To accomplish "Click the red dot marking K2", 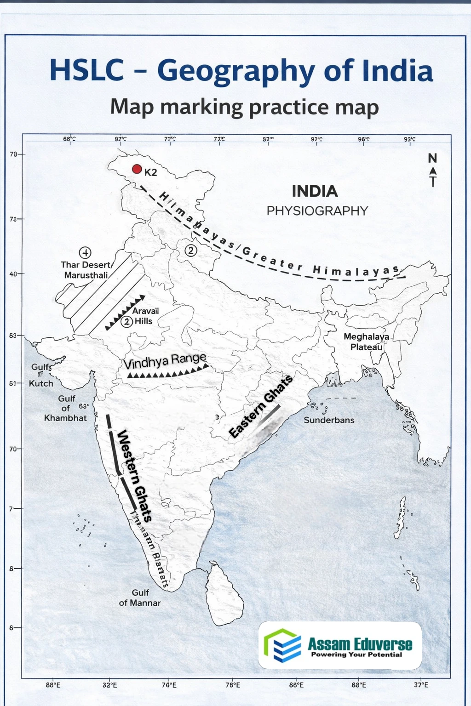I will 137,169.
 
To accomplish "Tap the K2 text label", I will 151,173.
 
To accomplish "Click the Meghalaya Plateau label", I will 367,342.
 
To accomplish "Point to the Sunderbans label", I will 329,420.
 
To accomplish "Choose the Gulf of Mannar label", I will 140,598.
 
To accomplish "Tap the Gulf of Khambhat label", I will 65,408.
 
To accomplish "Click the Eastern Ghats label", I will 261,406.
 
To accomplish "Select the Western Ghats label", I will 134,476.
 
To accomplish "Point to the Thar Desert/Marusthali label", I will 86,270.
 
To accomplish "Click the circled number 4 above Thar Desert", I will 85,252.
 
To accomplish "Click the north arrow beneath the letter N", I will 432,177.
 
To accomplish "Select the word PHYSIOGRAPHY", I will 317,211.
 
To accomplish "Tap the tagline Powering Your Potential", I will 356,655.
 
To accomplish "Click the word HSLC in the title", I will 87,70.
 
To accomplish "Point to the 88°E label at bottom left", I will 53,685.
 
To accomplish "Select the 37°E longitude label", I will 421,685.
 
